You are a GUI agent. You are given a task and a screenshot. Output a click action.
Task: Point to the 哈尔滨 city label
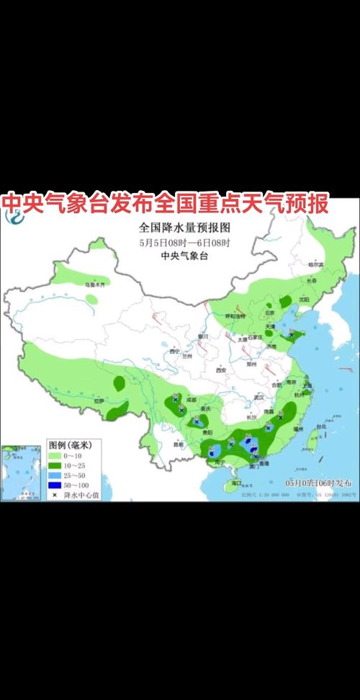coord(317,265)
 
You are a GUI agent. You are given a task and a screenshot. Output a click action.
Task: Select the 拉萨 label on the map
coord(98,400)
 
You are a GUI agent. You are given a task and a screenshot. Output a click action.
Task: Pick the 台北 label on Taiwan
coord(321,427)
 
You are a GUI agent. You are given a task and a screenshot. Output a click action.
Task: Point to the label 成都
coord(190,398)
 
